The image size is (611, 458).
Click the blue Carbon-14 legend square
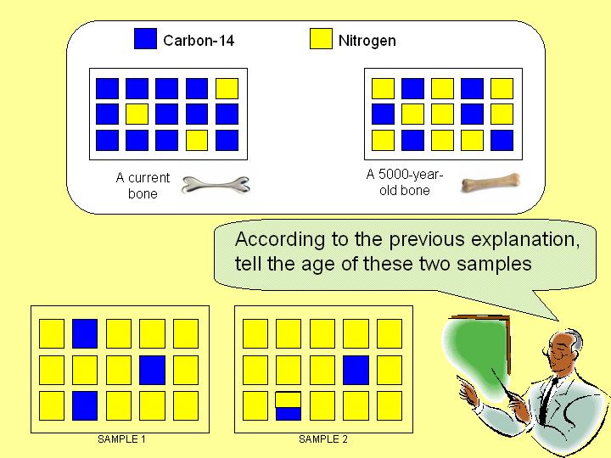pyautogui.click(x=145, y=38)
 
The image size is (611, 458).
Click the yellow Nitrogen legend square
pyautogui.click(x=321, y=38)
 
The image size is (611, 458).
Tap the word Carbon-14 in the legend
pyautogui.click(x=199, y=41)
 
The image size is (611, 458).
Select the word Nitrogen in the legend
pyautogui.click(x=367, y=41)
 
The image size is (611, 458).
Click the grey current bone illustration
pyautogui.click(x=216, y=185)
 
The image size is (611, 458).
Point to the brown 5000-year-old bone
pyautogui.click(x=490, y=183)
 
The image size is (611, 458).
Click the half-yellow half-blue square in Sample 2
pyautogui.click(x=289, y=406)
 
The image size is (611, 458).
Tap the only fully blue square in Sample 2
pyautogui.click(x=356, y=370)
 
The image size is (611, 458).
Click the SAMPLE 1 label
pyautogui.click(x=121, y=439)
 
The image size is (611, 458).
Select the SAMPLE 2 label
pyautogui.click(x=323, y=439)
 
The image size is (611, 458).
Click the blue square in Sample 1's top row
pyautogui.click(x=85, y=334)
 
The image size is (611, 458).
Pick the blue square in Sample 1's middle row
pyautogui.click(x=153, y=370)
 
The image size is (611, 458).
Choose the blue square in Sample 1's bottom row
pyautogui.click(x=85, y=406)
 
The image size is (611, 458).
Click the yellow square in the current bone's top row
pyautogui.click(x=227, y=88)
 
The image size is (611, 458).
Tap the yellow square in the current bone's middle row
pyautogui.click(x=137, y=114)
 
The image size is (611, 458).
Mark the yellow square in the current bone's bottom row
pyautogui.click(x=197, y=140)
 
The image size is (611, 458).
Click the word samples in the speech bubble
pyautogui.click(x=494, y=265)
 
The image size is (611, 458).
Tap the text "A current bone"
pyautogui.click(x=143, y=186)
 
